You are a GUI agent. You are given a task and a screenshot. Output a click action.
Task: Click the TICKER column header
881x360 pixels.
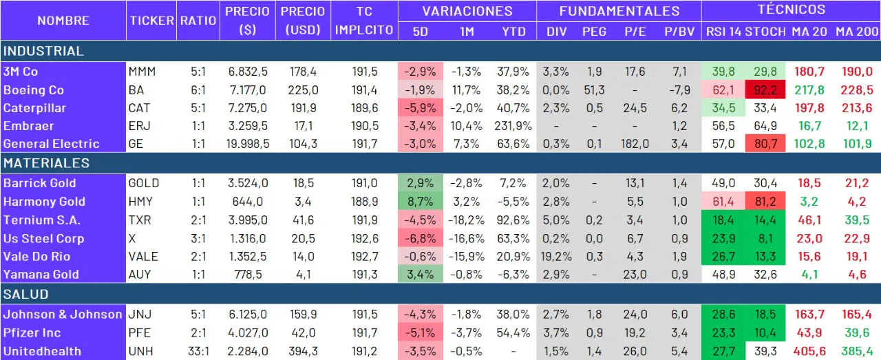tap(151, 20)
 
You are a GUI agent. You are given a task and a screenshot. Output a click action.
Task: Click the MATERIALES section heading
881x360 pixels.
tap(47, 163)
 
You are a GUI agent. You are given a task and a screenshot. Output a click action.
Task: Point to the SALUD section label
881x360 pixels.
tap(26, 294)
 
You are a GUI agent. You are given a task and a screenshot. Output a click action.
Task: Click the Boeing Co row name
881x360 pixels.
tap(34, 89)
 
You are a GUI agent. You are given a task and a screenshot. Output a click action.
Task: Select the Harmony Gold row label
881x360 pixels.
tap(44, 202)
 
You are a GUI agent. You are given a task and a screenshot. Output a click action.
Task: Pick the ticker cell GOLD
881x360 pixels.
tap(144, 183)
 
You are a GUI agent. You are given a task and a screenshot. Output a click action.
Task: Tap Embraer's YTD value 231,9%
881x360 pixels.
tap(512, 126)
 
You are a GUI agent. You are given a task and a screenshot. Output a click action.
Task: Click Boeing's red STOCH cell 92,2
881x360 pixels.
tap(765, 89)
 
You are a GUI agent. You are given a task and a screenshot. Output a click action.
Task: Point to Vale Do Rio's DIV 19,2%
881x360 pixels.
tap(555, 256)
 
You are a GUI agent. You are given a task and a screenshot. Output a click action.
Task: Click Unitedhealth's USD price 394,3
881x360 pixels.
tap(303, 351)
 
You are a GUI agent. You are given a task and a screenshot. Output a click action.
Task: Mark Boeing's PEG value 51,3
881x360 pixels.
tap(593, 89)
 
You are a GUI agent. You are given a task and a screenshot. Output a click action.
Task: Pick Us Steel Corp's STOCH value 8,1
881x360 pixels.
tap(765, 238)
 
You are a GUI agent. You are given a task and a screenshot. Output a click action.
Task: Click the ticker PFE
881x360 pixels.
tap(140, 333)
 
